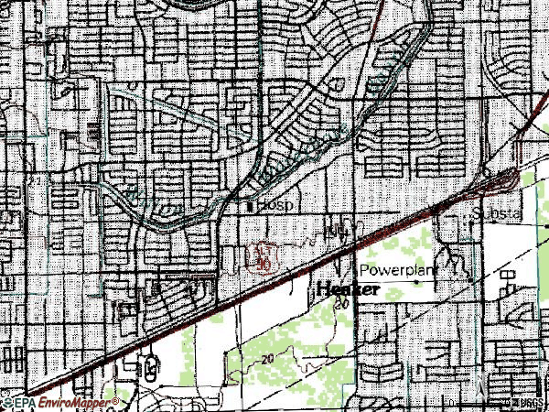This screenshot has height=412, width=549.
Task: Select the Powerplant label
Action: pyautogui.click(x=399, y=271)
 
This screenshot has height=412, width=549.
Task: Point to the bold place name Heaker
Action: pyautogui.click(x=348, y=289)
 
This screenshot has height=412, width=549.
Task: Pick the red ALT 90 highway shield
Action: pyautogui.click(x=264, y=258)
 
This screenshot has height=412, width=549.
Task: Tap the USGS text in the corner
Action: pyautogui.click(x=525, y=402)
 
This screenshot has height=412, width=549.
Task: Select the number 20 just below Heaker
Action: pyautogui.click(x=341, y=305)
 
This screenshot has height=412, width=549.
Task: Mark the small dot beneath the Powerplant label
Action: pyautogui.click(x=420, y=283)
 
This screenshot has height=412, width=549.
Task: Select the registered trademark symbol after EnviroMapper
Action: pyautogui.click(x=115, y=400)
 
